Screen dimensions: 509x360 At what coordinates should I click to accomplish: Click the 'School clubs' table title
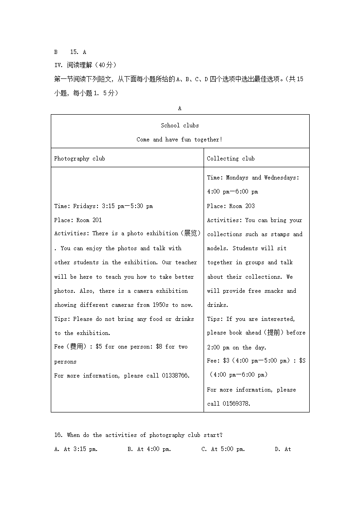pyautogui.click(x=180, y=126)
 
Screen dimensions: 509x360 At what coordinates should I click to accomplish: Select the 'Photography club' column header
pyautogui.click(x=79, y=159)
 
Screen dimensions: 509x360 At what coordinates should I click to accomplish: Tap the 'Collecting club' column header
pyautogui.click(x=231, y=159)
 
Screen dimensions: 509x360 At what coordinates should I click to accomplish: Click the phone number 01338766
pyautogui.click(x=175, y=376)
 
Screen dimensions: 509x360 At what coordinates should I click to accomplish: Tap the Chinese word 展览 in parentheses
pyautogui.click(x=190, y=233)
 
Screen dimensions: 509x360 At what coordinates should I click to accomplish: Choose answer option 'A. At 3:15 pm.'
pyautogui.click(x=76, y=449)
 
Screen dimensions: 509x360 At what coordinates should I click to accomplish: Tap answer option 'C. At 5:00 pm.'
pyautogui.click(x=223, y=449)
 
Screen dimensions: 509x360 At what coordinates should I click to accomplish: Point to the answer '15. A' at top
pyautogui.click(x=78, y=52)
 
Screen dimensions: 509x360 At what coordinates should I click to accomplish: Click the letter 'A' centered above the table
pyautogui.click(x=180, y=108)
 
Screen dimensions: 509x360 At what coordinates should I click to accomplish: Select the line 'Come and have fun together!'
pyautogui.click(x=180, y=140)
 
